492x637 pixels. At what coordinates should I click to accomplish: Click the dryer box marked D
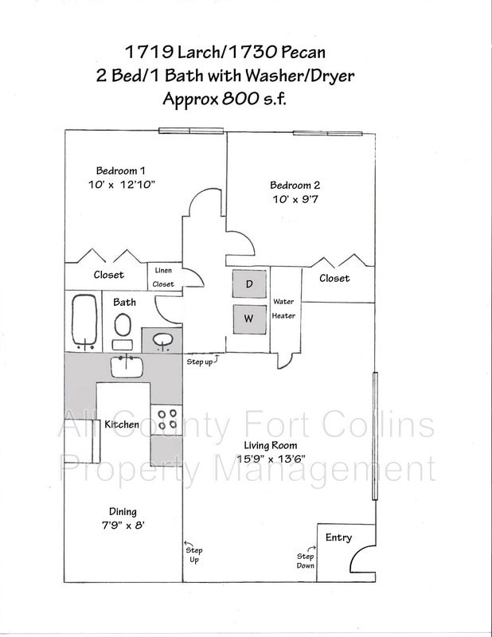(249, 284)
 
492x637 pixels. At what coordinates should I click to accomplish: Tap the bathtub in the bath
(83, 322)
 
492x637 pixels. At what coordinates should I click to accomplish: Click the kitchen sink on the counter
(127, 366)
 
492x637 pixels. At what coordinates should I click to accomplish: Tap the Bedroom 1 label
(120, 170)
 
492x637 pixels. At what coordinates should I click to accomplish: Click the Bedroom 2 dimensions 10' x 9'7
(295, 200)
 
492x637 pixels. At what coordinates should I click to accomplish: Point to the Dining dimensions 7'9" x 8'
(122, 526)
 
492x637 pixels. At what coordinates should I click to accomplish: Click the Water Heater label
(284, 309)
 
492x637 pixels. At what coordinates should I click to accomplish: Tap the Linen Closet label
(163, 277)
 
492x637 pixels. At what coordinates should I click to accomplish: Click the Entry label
(338, 537)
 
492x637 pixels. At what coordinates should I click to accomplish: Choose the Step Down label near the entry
(306, 561)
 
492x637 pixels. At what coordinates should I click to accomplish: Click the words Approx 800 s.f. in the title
(224, 100)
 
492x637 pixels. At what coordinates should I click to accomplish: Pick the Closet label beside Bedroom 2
(334, 278)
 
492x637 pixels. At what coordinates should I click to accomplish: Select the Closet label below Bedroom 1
(108, 275)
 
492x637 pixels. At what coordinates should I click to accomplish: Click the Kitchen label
(122, 424)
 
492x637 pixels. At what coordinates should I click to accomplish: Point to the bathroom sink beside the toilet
(163, 341)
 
